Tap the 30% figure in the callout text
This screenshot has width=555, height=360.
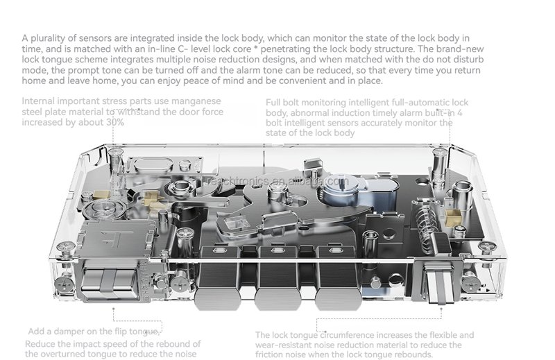pos(115,123)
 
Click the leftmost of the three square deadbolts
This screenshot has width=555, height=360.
pos(218,278)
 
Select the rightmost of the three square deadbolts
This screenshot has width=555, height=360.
pos(338,278)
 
